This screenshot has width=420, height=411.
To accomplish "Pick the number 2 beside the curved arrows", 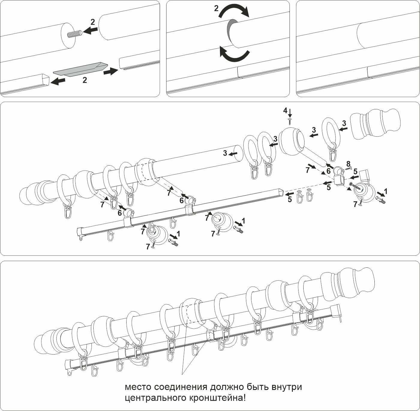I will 216,8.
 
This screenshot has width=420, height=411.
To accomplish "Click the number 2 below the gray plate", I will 85,81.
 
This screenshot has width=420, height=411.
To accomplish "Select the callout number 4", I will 285,111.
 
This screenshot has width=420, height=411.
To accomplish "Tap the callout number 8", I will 348,164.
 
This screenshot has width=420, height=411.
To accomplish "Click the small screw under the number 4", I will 290,121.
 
